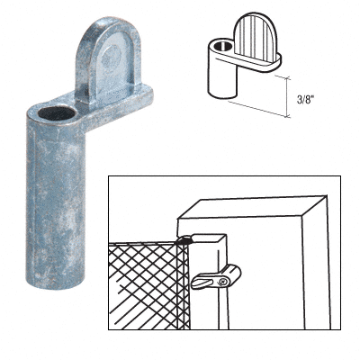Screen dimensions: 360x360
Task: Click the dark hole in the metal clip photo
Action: [x=57, y=113]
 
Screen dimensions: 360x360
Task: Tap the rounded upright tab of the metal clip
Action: [x=108, y=60]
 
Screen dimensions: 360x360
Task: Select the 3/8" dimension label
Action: [x=304, y=100]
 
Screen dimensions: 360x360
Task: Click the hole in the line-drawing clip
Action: [x=221, y=47]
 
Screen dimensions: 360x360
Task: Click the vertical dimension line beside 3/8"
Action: [x=288, y=97]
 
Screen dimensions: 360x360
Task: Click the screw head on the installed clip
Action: [x=222, y=282]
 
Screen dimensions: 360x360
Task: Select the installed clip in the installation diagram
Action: [x=215, y=277]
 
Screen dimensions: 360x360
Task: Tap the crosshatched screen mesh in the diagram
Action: [x=149, y=286]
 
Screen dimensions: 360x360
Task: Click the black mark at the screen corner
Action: [x=185, y=239]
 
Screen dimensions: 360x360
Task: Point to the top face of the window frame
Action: [x=252, y=207]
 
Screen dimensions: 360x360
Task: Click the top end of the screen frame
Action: [x=209, y=238]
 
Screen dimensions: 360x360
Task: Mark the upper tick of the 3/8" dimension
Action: [x=283, y=77]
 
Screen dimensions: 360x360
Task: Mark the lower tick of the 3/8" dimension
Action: [x=285, y=116]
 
